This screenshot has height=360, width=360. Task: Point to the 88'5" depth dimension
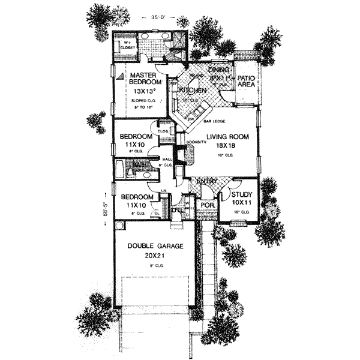tap(106, 203)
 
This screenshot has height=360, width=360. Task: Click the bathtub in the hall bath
tap(120, 168)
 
